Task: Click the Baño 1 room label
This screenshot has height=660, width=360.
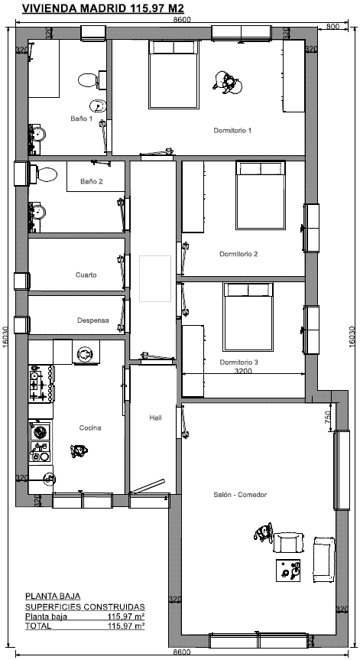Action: click(81, 119)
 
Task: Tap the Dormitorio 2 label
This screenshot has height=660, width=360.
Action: click(238, 254)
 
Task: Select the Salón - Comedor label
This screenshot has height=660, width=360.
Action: click(240, 495)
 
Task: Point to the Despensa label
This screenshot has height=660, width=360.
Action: click(93, 320)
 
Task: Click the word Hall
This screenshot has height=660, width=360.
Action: click(155, 418)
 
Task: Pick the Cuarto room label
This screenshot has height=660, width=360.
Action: click(86, 275)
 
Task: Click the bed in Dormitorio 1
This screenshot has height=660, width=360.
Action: click(174, 74)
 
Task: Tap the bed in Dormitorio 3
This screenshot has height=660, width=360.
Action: click(248, 316)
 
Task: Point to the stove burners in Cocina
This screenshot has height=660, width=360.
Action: click(41, 383)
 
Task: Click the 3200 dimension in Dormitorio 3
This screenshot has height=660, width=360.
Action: click(243, 371)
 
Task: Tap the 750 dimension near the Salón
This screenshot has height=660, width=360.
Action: click(328, 418)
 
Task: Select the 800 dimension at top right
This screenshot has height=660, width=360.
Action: click(332, 27)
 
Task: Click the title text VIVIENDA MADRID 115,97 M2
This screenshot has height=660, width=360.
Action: click(102, 9)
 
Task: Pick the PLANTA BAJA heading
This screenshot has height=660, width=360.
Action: click(53, 596)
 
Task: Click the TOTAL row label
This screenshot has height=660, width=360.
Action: click(38, 626)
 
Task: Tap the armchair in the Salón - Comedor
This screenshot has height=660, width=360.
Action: click(288, 543)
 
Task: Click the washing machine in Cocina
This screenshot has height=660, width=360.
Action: click(86, 353)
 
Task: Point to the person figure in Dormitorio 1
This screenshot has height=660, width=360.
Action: click(227, 83)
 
